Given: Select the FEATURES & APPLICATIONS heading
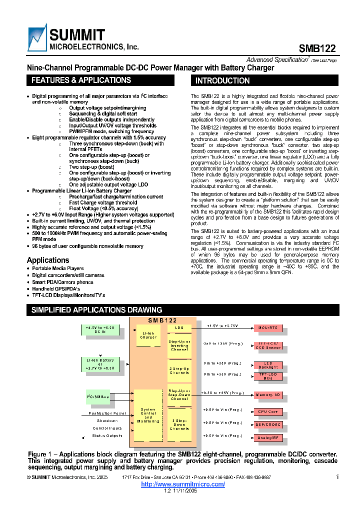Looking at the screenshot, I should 81,80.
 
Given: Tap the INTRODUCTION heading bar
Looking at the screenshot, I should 222,80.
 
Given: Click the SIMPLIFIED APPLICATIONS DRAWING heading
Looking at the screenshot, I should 89,310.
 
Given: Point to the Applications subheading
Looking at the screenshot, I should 48,260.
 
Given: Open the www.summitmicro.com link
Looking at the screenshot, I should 183,484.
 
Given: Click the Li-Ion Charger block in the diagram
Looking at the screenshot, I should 148,335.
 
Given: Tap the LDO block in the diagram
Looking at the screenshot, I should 179,328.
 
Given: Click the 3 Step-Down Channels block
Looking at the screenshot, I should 179,425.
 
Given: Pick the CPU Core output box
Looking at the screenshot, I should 268,411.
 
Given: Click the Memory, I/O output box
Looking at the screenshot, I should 268,395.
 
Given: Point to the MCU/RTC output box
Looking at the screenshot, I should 268,328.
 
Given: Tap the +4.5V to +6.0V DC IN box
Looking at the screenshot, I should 99,329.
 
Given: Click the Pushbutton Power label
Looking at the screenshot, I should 107,413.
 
